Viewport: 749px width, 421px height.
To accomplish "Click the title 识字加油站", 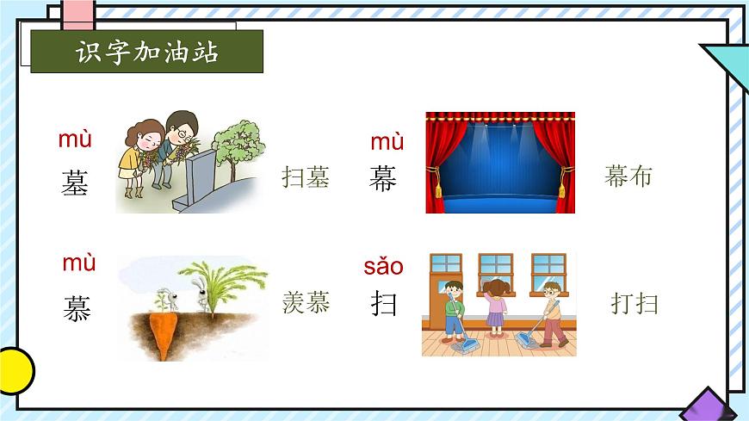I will pyautogui.click(x=146, y=52).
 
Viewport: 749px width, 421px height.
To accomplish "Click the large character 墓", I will pyautogui.click(x=75, y=183).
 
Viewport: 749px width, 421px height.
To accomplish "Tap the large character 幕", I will pyautogui.click(x=383, y=178).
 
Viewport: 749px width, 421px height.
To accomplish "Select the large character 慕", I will pyautogui.click(x=77, y=307).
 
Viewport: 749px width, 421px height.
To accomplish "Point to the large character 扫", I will pyautogui.click(x=384, y=303).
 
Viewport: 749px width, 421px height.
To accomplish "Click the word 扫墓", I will pyautogui.click(x=306, y=177).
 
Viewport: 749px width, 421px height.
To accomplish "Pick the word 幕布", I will pyautogui.click(x=628, y=176).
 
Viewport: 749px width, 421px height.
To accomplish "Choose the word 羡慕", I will pyautogui.click(x=306, y=302).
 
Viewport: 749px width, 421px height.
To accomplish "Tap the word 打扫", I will pyautogui.click(x=634, y=303).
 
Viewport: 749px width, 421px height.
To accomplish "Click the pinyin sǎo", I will pyautogui.click(x=383, y=266).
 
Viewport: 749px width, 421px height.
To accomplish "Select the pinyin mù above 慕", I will pyautogui.click(x=78, y=263).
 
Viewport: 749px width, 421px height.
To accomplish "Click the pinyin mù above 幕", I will pyautogui.click(x=387, y=141).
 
